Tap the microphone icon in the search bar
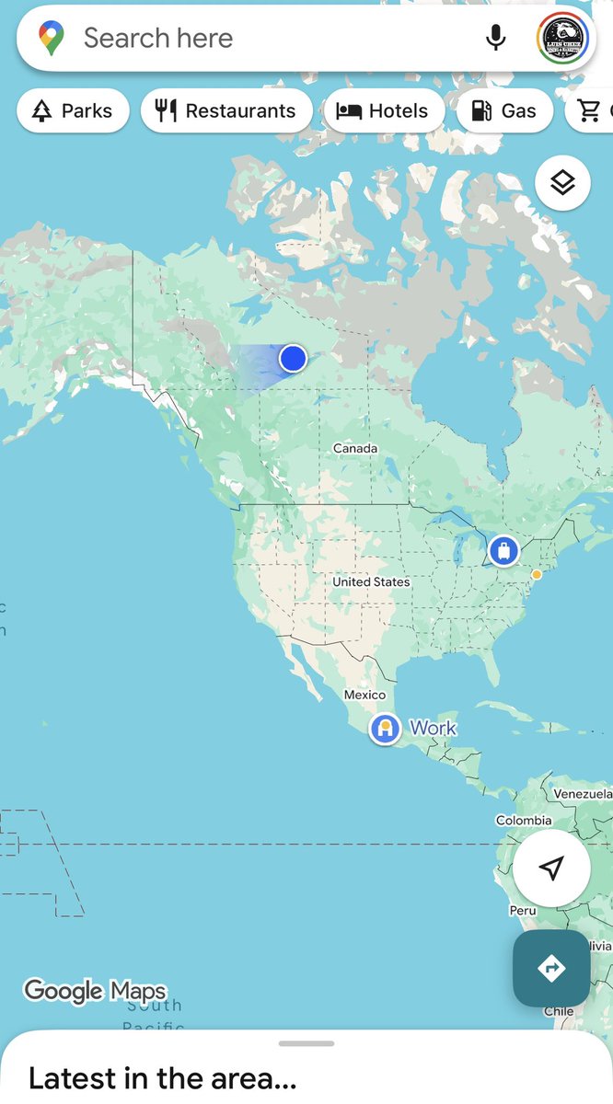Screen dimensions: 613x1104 [495, 38]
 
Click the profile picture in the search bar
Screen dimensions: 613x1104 [562, 38]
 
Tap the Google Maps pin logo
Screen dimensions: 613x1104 [51, 38]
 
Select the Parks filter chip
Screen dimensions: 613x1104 [73, 111]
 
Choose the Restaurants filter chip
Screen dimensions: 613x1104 [226, 111]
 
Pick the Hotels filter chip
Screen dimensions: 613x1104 [383, 111]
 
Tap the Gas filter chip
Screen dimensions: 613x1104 [504, 111]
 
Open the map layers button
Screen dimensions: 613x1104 [562, 183]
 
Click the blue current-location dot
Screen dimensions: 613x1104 [293, 358]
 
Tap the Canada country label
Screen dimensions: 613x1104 [355, 448]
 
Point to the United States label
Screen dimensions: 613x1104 [371, 581]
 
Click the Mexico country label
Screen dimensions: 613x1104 [364, 695]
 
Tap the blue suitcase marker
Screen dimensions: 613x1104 [503, 551]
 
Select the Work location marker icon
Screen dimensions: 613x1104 [385, 730]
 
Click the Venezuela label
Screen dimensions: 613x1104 [582, 793]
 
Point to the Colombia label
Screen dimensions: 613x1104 [524, 820]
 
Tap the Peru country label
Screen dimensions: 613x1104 [523, 910]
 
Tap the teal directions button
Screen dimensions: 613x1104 [551, 968]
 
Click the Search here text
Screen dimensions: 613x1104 [158, 38]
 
